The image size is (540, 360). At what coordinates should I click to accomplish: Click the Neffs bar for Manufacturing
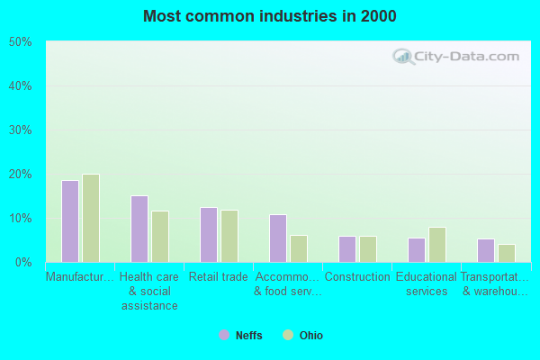[69, 221]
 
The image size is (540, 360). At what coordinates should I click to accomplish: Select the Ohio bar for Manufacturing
[90, 218]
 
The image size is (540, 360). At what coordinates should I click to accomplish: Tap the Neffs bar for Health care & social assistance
[139, 229]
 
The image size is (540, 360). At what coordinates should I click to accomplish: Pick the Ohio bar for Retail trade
[229, 236]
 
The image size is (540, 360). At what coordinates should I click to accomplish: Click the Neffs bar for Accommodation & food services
[278, 238]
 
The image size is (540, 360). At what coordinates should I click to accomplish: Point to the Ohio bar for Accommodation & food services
[299, 248]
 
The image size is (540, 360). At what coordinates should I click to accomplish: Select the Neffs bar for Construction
[347, 249]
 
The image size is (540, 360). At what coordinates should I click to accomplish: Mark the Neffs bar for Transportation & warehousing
[486, 250]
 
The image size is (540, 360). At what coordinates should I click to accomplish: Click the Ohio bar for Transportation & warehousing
[507, 253]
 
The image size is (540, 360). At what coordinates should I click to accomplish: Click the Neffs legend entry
[240, 336]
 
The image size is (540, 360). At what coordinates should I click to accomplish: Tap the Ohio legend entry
[303, 336]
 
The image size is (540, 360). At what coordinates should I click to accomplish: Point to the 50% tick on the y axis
[21, 42]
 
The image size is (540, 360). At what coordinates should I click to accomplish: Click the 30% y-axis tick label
[21, 130]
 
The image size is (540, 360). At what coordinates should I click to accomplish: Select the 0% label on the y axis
[23, 263]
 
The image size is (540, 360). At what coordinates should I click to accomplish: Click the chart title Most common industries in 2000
[269, 16]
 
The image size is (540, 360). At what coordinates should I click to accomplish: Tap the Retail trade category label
[219, 277]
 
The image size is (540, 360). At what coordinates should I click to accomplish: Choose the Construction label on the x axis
[357, 277]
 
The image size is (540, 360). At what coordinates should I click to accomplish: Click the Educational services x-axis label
[427, 284]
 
